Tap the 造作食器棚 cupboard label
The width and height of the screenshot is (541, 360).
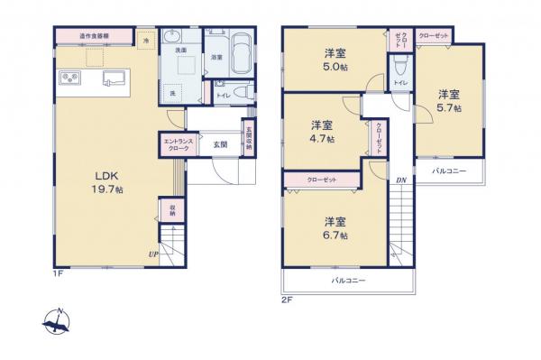tap(94, 36)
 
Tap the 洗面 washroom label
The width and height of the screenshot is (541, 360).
tap(180, 51)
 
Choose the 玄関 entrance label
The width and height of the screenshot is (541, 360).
tap(219, 144)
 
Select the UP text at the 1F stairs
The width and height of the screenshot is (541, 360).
tap(153, 255)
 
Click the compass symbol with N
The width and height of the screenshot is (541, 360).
tap(57, 322)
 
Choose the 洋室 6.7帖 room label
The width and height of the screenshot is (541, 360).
tap(336, 227)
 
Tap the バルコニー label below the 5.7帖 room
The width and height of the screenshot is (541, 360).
tap(448, 170)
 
